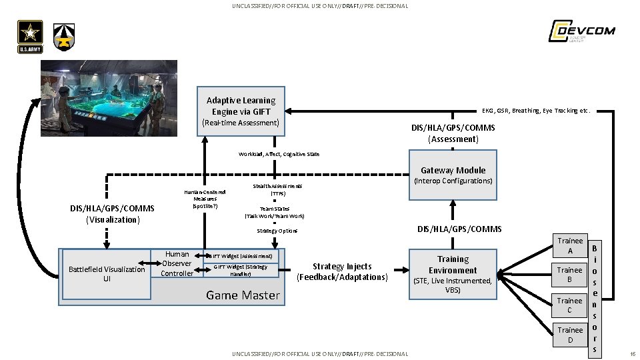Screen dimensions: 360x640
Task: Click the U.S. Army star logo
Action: pos(31,37)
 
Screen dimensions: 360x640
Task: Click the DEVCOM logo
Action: pos(581,31)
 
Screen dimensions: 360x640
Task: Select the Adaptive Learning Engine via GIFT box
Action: pos(241,111)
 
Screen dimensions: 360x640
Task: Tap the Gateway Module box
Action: pos(453,175)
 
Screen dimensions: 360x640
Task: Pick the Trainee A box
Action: pos(569,245)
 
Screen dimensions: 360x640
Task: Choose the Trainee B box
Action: pos(569,275)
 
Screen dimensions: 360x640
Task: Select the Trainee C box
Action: pos(569,305)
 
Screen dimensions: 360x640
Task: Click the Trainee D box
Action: pos(569,335)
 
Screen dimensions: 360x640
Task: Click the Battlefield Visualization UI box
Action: pos(107,274)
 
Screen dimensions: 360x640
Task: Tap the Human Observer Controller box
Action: pos(177,264)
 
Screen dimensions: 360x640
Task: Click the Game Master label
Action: pos(243,295)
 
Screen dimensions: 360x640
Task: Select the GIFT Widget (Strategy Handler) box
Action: pos(240,270)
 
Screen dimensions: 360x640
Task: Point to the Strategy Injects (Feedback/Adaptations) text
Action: pos(342,271)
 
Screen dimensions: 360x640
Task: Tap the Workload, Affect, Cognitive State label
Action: pos(279,154)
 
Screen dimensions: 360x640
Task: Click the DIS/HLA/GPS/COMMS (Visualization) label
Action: pos(112,214)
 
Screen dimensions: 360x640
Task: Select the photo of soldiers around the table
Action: pos(109,98)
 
